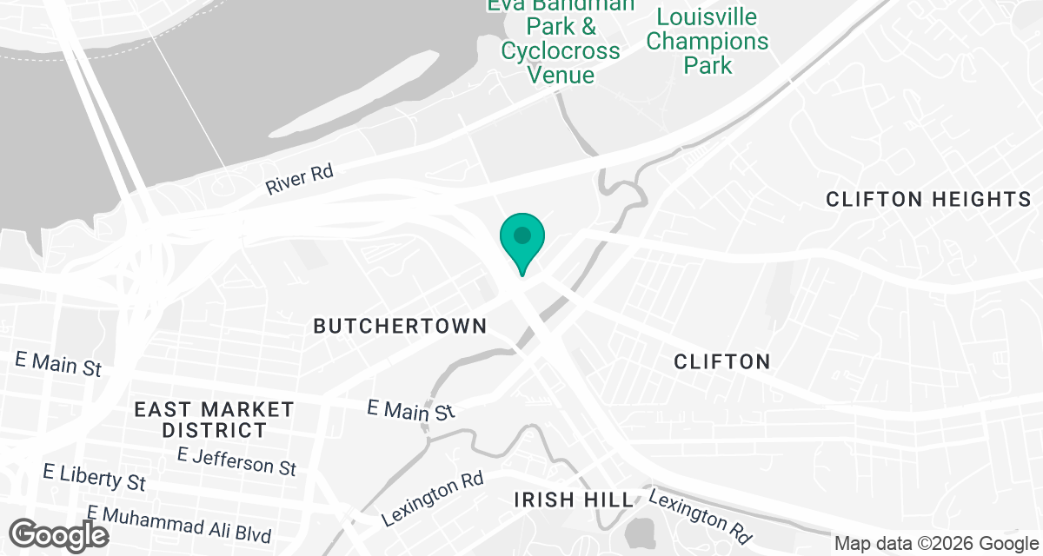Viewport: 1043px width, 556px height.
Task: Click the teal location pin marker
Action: coord(522,237)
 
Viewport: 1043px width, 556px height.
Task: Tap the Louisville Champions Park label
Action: coord(708,41)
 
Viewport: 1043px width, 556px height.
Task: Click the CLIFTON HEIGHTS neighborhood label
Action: coord(928,200)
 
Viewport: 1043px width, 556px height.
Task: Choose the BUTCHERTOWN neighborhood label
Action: coord(400,327)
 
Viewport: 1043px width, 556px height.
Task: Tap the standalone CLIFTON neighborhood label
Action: coord(722,361)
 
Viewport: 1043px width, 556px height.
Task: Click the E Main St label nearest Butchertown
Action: coord(411,409)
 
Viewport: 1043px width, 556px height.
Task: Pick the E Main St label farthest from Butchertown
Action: coord(58,363)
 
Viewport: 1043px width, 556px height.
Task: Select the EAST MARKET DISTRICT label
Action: coord(214,419)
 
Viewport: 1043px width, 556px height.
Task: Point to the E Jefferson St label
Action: coord(236,460)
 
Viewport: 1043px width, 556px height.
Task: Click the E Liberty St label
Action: coord(95,477)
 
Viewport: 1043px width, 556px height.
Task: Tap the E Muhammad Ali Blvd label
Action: coord(179,525)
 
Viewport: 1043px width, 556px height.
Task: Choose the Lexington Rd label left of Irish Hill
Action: coord(433,501)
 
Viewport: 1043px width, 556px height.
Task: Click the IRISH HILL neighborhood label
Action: coord(574,500)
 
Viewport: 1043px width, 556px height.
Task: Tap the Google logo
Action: coord(59,534)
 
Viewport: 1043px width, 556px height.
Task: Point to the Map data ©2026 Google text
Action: coord(935,544)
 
